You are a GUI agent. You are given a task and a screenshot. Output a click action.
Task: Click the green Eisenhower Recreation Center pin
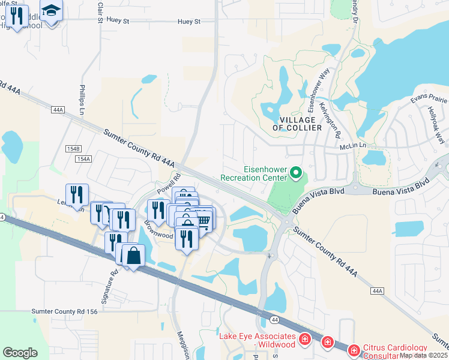pos(295,173)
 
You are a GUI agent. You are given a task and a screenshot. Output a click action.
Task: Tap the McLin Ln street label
pos(353,146)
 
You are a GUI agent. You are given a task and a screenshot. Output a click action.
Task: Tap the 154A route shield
pos(84,158)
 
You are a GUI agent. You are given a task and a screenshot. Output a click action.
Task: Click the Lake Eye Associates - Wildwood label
pos(257,340)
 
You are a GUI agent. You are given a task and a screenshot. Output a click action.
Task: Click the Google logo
pos(20,353)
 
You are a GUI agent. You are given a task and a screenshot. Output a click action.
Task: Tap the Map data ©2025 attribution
pos(424,355)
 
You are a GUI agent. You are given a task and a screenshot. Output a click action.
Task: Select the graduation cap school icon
pos(52,11)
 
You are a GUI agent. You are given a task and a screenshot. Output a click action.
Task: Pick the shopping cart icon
pos(203,221)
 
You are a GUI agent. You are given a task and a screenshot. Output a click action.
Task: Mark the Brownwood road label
pos(158,232)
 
